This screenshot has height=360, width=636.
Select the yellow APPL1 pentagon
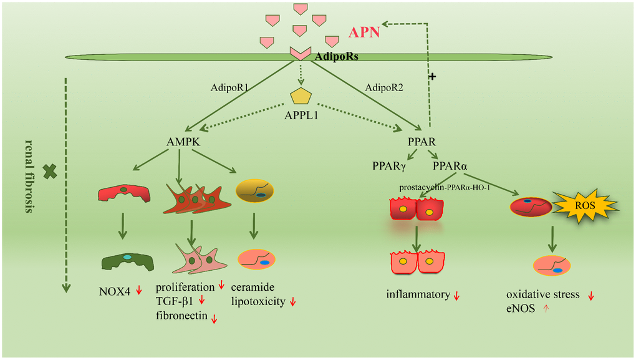[301, 96]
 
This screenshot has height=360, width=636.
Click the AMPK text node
[178, 142]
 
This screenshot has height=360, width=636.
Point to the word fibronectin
[181, 316]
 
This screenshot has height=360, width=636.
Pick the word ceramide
[252, 288]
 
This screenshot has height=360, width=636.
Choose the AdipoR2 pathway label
[384, 88]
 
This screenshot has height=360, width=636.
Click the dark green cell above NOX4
[127, 260]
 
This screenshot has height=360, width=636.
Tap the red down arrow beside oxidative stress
[590, 295]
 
